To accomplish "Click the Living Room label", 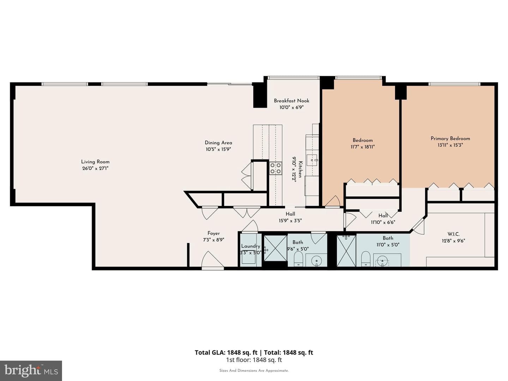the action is click(95, 162).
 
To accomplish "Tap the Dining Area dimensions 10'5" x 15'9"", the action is click(218, 150).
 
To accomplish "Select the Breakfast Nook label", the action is click(291, 101).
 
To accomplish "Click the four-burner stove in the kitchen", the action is click(276, 168).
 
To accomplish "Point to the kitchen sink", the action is click(312, 160).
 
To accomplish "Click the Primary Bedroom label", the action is click(450, 139).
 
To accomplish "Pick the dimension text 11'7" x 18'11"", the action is click(362, 147).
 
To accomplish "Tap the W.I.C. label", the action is click(453, 234).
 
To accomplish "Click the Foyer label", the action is click(213, 234).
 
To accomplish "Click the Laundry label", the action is click(250, 246).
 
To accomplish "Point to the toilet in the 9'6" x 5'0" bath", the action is click(298, 259).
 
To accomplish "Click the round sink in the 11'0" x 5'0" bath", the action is click(382, 261).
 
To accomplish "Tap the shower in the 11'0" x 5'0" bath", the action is click(346, 251).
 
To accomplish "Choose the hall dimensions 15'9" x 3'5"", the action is click(290, 221).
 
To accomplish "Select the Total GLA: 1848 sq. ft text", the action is click(226, 352).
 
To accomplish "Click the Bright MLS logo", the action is click(31, 370).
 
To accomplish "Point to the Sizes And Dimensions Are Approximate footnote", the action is click(254, 370).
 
